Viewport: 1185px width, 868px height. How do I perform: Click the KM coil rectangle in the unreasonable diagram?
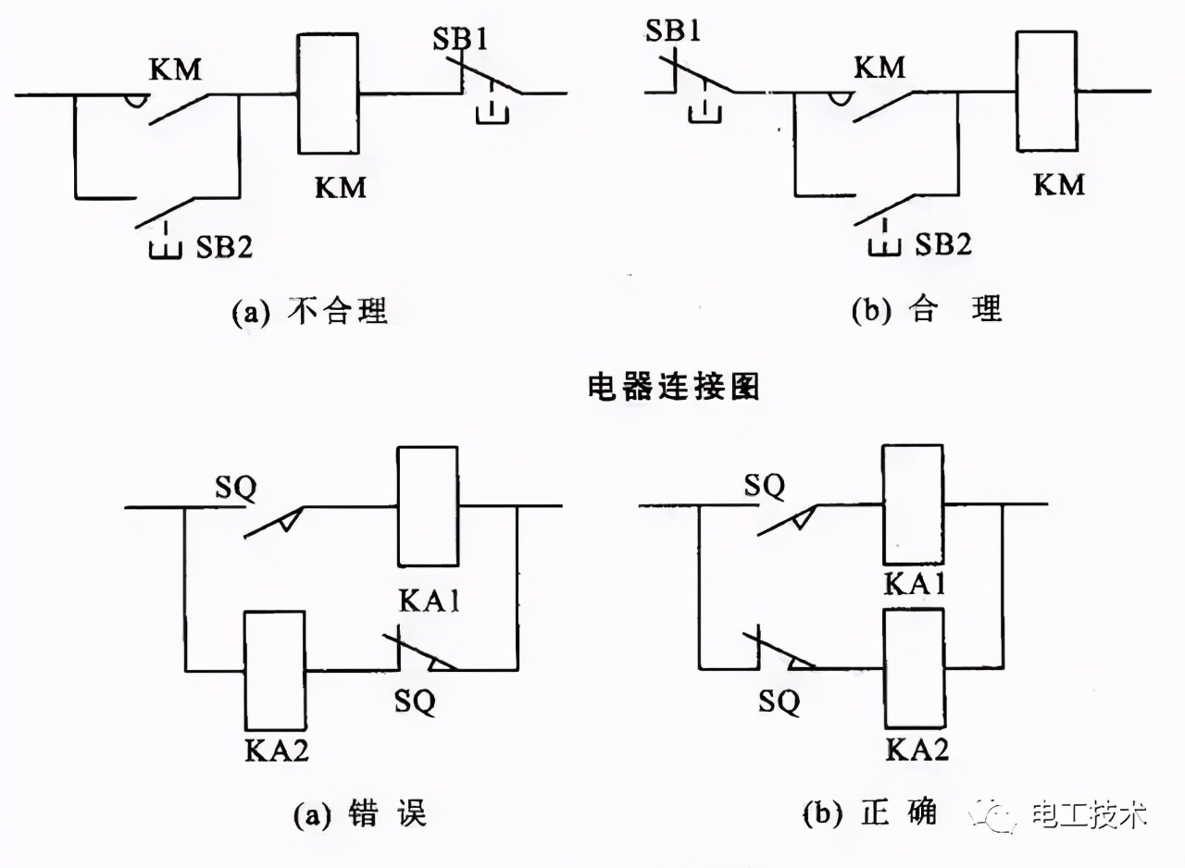pos(328,93)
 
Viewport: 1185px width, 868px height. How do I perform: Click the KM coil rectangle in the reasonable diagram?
pos(1046,91)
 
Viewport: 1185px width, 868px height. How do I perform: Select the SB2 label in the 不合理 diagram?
pos(223,247)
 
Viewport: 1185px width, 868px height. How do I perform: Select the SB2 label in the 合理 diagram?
pos(943,245)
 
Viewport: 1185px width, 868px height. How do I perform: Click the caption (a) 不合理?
pos(309,311)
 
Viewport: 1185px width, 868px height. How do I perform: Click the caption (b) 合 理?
pos(927,309)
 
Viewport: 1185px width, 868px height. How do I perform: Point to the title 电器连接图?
pos(673,386)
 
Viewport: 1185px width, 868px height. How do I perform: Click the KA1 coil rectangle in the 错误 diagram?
pos(428,505)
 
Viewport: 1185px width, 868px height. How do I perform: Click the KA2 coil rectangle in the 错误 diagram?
pos(274,670)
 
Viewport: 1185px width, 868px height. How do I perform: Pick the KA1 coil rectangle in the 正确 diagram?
pos(913,504)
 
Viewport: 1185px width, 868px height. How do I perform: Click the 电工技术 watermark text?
pos(1090,815)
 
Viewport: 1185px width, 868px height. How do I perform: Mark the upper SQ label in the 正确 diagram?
pos(765,484)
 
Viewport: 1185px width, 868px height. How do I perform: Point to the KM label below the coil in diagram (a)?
pos(341,187)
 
